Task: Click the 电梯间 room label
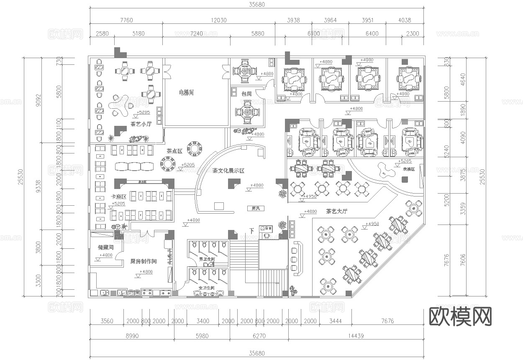[x=186, y=92]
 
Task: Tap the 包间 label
[x=247, y=94]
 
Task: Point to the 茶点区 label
[x=174, y=151]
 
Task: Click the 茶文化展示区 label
[x=228, y=171]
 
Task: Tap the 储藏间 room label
[x=105, y=248]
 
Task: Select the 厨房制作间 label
[x=144, y=262]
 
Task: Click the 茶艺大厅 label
[x=337, y=212]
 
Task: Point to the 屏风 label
[x=256, y=208]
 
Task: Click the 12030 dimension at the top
[x=218, y=20]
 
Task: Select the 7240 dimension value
[x=196, y=34]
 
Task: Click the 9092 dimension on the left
[x=38, y=100]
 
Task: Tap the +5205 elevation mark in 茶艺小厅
[x=144, y=113]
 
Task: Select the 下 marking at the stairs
[x=251, y=231]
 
